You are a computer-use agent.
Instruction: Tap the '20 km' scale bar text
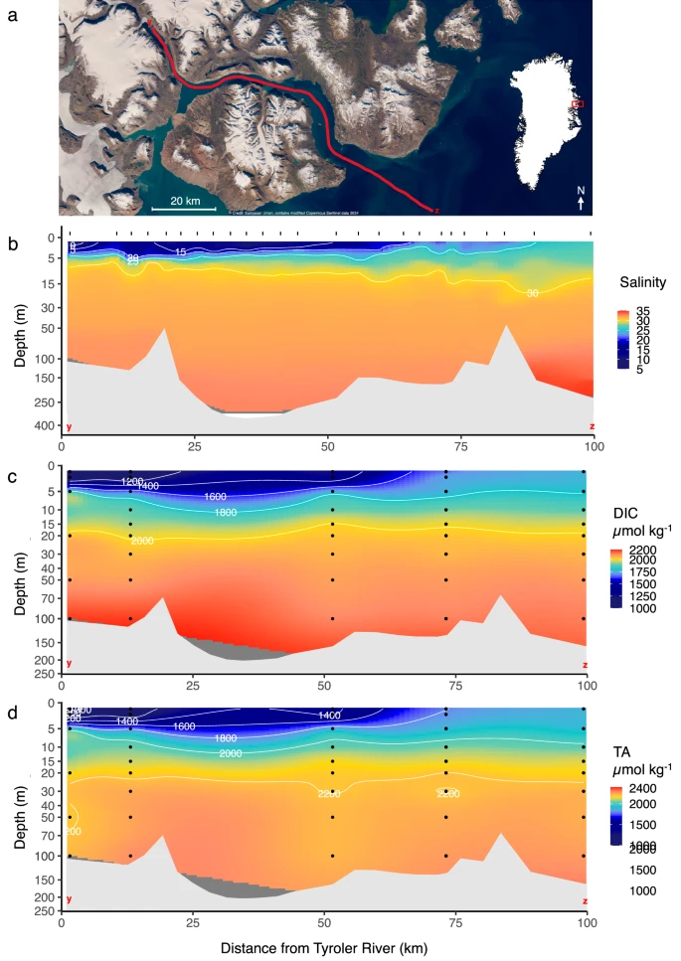185,200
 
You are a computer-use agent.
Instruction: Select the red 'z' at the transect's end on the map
437,211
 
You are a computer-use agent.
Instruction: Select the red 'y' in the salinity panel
69,426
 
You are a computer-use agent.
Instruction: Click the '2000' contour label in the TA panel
230,753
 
